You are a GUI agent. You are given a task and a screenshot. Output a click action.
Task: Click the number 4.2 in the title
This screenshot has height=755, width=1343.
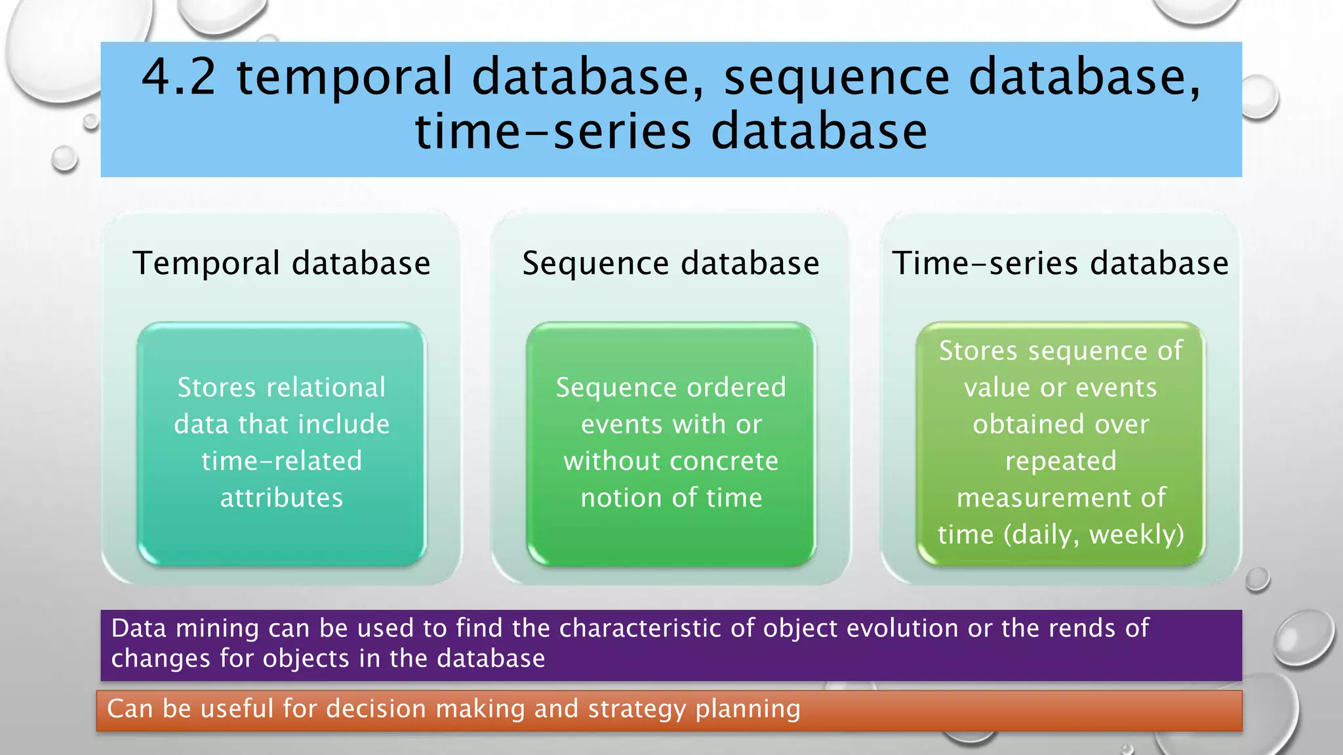coord(178,77)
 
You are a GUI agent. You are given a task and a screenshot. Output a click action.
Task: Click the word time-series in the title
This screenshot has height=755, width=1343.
coord(553,132)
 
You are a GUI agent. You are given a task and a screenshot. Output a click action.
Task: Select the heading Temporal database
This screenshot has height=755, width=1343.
coord(281,263)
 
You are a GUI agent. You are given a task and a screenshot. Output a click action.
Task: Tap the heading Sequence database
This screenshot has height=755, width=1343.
coord(671,263)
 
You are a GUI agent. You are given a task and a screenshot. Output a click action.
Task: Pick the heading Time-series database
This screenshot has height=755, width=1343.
coord(1060,263)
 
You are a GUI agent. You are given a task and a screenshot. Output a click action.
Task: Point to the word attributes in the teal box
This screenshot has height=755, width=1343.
coord(281,497)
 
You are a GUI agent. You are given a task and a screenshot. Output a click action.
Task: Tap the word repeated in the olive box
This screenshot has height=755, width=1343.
coord(1060,461)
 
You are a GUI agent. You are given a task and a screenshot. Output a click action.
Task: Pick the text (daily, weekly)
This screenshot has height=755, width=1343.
coord(1094,535)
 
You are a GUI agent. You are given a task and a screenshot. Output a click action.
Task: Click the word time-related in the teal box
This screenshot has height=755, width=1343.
coord(281,461)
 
